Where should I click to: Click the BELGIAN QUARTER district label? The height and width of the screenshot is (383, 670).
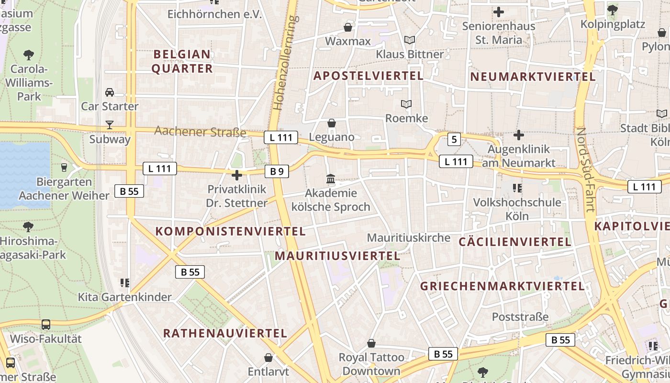pyautogui.click(x=182, y=61)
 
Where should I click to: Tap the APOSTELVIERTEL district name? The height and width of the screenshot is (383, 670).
pyautogui.click(x=368, y=76)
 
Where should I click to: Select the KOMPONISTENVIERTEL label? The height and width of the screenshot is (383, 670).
pyautogui.click(x=230, y=231)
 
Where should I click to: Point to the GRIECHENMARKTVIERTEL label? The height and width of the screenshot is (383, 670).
pyautogui.click(x=502, y=286)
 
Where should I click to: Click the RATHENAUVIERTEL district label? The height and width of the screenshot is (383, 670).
pyautogui.click(x=225, y=333)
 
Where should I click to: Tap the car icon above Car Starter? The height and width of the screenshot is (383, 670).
pyautogui.click(x=110, y=92)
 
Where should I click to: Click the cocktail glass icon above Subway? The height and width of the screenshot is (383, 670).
pyautogui.click(x=110, y=125)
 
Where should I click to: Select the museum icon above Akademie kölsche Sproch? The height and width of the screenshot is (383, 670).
pyautogui.click(x=330, y=180)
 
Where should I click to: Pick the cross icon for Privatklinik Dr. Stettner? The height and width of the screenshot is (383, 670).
pyautogui.click(x=236, y=175)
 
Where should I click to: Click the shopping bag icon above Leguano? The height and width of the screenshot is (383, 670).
pyautogui.click(x=331, y=123)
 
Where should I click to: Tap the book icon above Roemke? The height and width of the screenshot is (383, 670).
pyautogui.click(x=406, y=104)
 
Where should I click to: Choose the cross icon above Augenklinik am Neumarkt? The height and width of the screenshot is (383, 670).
pyautogui.click(x=518, y=135)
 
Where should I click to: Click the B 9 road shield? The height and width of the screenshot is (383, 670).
pyautogui.click(x=277, y=171)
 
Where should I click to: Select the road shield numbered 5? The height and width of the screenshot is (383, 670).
pyautogui.click(x=454, y=140)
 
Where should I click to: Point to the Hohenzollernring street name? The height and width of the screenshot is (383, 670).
pyautogui.click(x=285, y=62)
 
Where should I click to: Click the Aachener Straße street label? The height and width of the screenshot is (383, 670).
pyautogui.click(x=200, y=132)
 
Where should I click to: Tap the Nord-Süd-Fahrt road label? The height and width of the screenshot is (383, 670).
pyautogui.click(x=585, y=170)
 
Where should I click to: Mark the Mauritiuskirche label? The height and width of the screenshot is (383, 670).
pyautogui.click(x=409, y=237)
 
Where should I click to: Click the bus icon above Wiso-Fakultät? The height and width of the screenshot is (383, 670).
pyautogui.click(x=45, y=325)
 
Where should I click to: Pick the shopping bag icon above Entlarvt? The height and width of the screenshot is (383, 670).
pyautogui.click(x=268, y=358)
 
